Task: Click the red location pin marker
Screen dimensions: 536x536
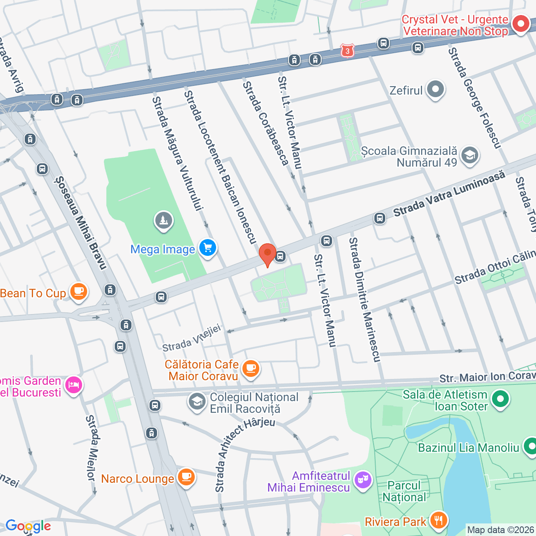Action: pyautogui.click(x=267, y=254)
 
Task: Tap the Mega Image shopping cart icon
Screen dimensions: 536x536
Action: pyautogui.click(x=207, y=248)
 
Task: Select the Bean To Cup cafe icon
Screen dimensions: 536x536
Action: pyautogui.click(x=78, y=291)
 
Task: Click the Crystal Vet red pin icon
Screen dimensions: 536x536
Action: pyautogui.click(x=521, y=24)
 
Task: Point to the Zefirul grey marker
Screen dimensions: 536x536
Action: pyautogui.click(x=435, y=89)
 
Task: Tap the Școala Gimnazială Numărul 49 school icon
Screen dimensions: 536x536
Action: pyautogui.click(x=469, y=155)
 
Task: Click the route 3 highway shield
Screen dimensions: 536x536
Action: pyautogui.click(x=347, y=51)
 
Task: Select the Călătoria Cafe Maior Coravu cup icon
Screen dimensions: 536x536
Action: pyautogui.click(x=250, y=368)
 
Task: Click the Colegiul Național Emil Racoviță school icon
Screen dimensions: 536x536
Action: pyautogui.click(x=196, y=402)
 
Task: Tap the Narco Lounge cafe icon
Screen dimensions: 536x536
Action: pyautogui.click(x=186, y=477)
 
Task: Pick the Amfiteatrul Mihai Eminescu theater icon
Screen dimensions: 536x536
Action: pyautogui.click(x=363, y=479)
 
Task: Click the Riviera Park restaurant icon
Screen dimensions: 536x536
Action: pyautogui.click(x=438, y=521)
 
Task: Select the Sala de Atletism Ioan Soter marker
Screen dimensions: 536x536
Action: pyautogui.click(x=500, y=399)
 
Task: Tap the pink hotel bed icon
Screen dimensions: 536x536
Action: pyautogui.click(x=74, y=384)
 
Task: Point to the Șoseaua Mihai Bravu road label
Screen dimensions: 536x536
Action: pyautogui.click(x=81, y=223)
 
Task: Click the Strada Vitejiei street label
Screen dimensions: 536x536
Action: pyautogui.click(x=191, y=339)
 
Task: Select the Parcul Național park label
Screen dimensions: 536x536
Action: pyautogui.click(x=404, y=491)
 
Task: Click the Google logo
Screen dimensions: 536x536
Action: pyautogui.click(x=28, y=526)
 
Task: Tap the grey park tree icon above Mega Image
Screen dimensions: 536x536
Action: pyautogui.click(x=164, y=220)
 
